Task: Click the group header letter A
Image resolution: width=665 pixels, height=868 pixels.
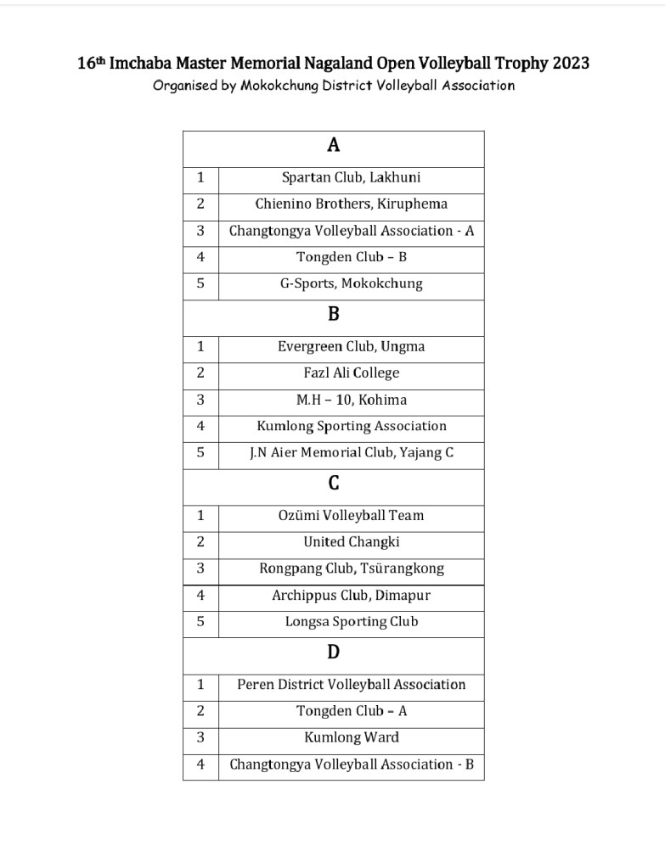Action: click(333, 146)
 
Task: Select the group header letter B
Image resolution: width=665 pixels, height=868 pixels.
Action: click(333, 315)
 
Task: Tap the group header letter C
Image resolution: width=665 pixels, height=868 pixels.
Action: click(333, 484)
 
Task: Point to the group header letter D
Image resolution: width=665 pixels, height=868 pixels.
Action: click(333, 652)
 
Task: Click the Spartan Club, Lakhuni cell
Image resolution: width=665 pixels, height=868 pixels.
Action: click(351, 177)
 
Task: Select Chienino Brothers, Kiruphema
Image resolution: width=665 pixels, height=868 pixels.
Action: click(351, 204)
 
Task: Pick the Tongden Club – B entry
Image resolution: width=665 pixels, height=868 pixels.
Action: click(351, 257)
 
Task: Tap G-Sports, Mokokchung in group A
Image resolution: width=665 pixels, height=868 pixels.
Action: click(351, 283)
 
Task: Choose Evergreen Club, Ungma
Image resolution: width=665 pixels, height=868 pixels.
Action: click(351, 346)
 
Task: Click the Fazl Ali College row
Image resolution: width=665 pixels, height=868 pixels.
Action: click(351, 372)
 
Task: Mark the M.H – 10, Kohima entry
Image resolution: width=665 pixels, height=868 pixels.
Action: click(351, 400)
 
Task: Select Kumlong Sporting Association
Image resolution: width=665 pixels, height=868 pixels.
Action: click(351, 426)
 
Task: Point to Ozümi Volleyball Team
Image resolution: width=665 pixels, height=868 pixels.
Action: click(351, 515)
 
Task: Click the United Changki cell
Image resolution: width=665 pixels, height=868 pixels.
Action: click(351, 541)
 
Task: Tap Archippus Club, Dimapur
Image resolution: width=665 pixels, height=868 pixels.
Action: click(351, 595)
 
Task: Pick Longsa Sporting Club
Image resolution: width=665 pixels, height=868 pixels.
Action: click(351, 621)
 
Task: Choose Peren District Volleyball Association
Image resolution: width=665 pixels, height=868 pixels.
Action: click(351, 684)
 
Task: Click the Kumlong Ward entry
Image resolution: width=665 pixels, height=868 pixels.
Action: click(351, 737)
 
